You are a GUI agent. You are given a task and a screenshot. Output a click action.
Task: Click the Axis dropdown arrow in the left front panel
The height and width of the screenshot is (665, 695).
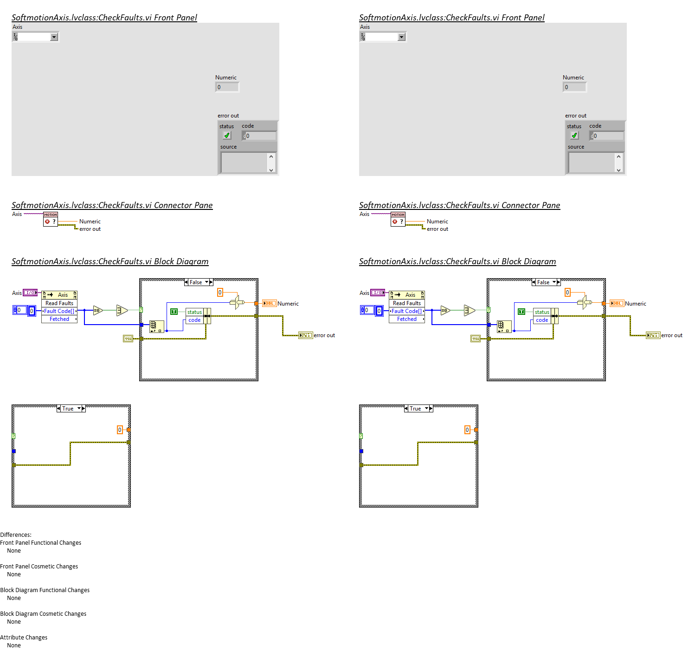click(x=54, y=37)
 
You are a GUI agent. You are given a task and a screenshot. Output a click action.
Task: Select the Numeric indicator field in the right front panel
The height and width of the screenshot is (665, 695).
click(x=574, y=87)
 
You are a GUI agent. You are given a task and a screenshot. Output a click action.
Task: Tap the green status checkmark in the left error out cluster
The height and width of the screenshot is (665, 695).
click(x=227, y=136)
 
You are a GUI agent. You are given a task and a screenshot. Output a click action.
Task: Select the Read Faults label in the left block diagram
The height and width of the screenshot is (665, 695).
click(x=59, y=303)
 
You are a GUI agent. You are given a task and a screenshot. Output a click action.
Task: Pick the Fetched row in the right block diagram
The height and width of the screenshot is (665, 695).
click(x=407, y=319)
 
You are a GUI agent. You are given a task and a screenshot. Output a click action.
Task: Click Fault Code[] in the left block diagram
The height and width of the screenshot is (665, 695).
click(x=59, y=311)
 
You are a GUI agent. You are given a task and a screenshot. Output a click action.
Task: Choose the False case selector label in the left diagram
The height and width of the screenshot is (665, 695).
click(x=196, y=282)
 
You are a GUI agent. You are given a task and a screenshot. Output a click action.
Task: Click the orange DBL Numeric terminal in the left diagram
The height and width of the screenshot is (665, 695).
click(x=270, y=303)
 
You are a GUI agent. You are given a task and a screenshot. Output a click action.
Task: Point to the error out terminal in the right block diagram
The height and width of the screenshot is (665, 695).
click(x=653, y=335)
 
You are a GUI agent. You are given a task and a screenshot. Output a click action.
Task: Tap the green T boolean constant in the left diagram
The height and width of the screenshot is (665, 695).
click(x=174, y=312)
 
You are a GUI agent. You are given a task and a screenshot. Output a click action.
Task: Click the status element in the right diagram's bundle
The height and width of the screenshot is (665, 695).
click(x=542, y=312)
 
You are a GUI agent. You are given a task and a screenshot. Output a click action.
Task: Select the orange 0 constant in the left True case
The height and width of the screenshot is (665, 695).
click(x=120, y=430)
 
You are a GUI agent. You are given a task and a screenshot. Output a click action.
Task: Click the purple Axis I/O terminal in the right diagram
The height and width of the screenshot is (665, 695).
click(x=378, y=293)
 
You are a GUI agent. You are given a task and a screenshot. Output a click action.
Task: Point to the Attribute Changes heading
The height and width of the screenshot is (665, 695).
click(x=24, y=638)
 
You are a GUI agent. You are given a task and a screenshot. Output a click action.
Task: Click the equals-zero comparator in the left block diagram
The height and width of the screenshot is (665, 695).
click(x=97, y=310)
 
